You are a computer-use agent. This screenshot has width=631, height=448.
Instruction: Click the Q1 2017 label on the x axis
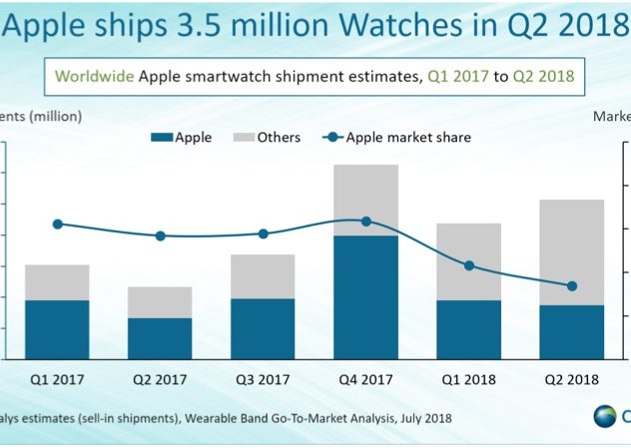57,379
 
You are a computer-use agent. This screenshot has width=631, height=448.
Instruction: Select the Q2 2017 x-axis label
160,379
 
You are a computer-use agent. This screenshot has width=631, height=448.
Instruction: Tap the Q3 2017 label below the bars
263,379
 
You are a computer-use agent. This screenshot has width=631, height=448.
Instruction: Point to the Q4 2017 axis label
365,379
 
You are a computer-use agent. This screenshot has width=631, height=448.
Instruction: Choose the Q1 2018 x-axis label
468,379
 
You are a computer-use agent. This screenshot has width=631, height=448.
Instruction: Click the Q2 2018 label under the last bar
571,379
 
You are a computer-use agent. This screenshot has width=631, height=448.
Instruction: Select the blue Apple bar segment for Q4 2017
365,297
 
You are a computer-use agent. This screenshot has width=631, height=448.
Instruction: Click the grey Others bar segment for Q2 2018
571,252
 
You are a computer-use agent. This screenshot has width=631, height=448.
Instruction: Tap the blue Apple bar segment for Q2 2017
160,338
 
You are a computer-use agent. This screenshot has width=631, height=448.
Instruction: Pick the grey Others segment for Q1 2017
57,282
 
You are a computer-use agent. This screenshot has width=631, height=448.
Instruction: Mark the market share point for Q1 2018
469,265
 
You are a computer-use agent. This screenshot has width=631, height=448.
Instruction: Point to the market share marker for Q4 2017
365,222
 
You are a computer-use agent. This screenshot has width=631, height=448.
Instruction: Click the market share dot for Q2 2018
571,286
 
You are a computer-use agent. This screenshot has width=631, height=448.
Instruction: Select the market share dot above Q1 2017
57,224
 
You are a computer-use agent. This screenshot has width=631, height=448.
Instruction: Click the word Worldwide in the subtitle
94,76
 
